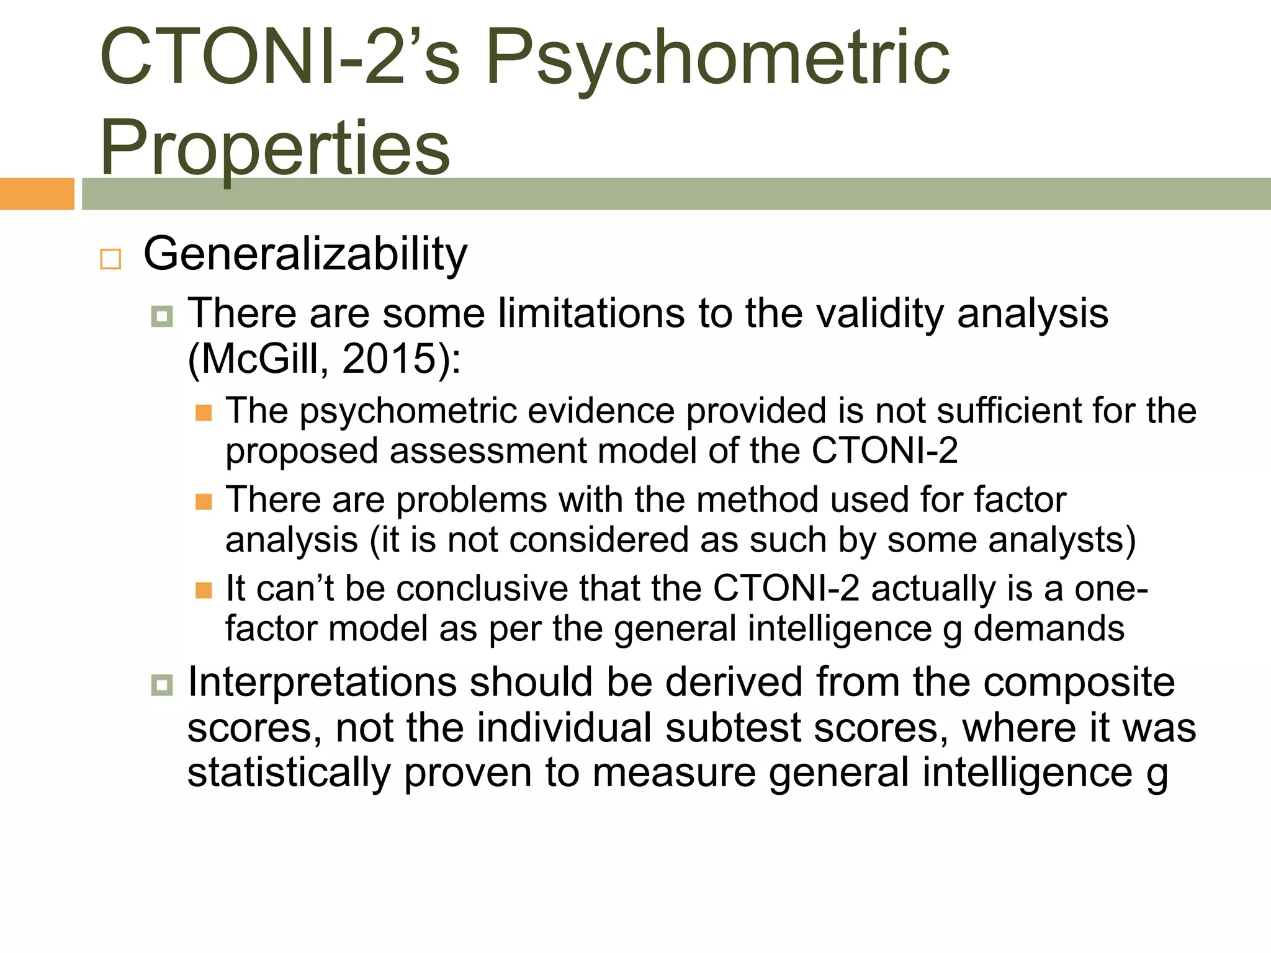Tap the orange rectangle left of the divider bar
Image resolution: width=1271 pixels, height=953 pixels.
coord(37,194)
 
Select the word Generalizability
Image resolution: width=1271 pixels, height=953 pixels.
coord(305,254)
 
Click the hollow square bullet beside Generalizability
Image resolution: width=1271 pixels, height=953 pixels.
coord(110,259)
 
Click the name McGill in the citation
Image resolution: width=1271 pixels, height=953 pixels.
coord(262,359)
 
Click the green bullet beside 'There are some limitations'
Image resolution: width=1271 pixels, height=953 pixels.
coord(162,317)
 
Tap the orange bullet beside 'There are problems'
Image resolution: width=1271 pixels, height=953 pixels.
coord(204,502)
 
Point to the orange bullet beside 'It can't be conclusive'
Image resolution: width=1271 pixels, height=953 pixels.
coord(204,590)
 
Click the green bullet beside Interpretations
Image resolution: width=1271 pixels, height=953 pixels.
coord(162,686)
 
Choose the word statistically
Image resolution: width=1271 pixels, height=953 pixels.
coord(289,773)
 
